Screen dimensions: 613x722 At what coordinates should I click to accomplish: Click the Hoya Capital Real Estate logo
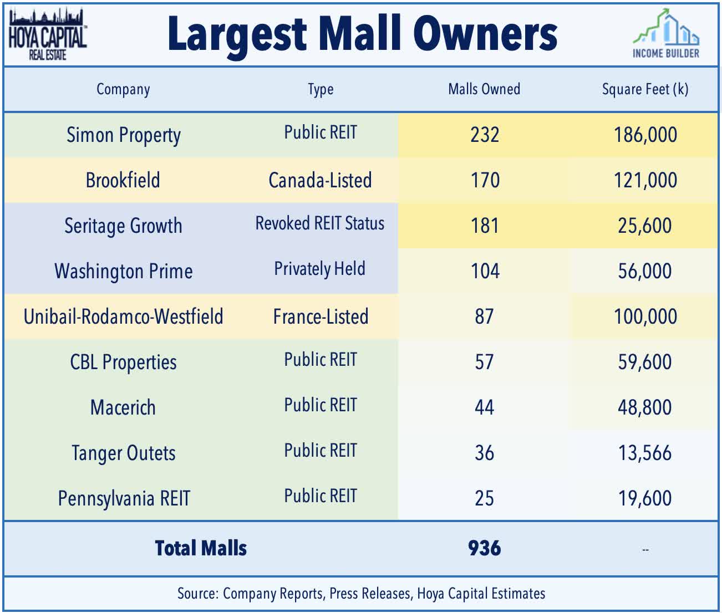(47, 34)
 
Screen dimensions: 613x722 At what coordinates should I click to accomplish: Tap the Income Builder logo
(666, 35)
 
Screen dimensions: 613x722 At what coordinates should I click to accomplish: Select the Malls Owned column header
(484, 89)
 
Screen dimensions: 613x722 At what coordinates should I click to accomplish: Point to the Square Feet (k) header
(645, 89)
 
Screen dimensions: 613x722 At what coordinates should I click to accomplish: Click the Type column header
(321, 89)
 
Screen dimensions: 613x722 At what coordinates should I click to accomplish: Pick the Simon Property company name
(123, 135)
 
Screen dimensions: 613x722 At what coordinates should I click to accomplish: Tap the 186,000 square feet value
(645, 135)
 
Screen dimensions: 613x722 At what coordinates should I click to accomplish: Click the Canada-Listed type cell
(320, 181)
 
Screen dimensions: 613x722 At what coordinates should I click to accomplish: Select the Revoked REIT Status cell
(320, 223)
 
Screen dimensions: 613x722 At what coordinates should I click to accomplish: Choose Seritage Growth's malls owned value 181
(485, 226)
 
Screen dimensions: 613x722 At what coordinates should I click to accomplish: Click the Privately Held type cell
(320, 269)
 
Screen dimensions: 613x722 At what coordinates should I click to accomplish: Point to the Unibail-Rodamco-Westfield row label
(123, 316)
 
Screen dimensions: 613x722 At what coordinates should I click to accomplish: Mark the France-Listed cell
(321, 316)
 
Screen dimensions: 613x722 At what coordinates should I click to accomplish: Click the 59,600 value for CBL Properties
(644, 362)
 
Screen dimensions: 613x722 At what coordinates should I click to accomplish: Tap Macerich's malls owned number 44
(484, 407)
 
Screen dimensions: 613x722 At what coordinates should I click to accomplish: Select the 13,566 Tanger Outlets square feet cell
(644, 453)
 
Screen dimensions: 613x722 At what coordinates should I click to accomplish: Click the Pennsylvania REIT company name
(124, 498)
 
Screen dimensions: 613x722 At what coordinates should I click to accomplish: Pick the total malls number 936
(484, 548)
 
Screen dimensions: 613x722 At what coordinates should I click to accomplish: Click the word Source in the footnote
(197, 594)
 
